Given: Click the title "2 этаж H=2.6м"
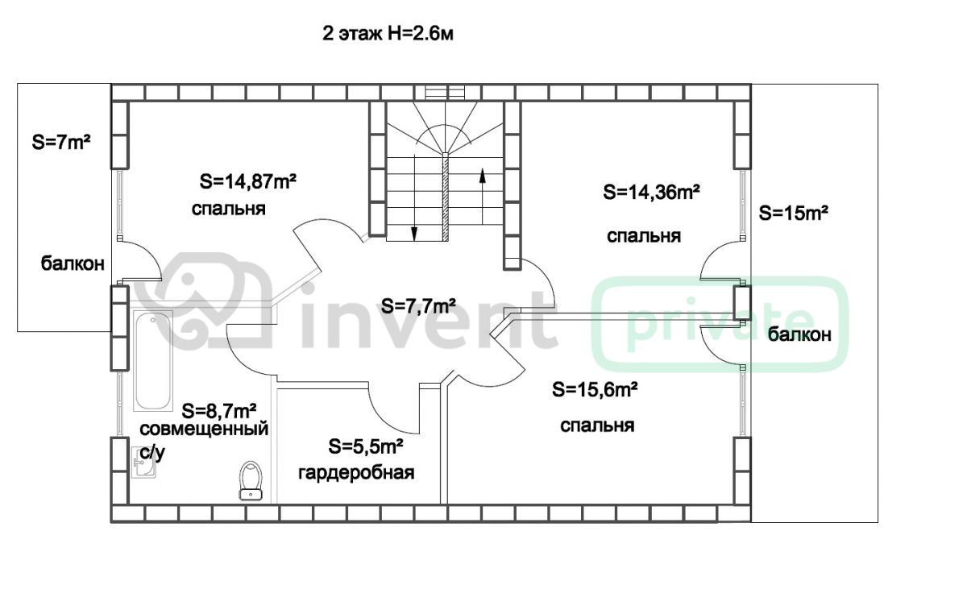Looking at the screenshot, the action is click(388, 34).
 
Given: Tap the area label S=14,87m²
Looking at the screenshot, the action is click(248, 181).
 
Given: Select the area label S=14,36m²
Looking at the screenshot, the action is click(651, 192).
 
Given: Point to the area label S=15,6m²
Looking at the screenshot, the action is click(595, 389).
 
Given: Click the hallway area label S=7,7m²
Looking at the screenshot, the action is click(418, 306).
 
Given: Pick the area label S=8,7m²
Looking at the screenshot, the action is click(219, 410).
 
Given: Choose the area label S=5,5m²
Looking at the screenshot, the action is click(366, 446).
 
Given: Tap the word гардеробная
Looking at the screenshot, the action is click(356, 473).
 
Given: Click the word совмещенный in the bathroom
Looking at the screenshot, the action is click(204, 429).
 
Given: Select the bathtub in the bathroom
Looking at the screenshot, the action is click(153, 360).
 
